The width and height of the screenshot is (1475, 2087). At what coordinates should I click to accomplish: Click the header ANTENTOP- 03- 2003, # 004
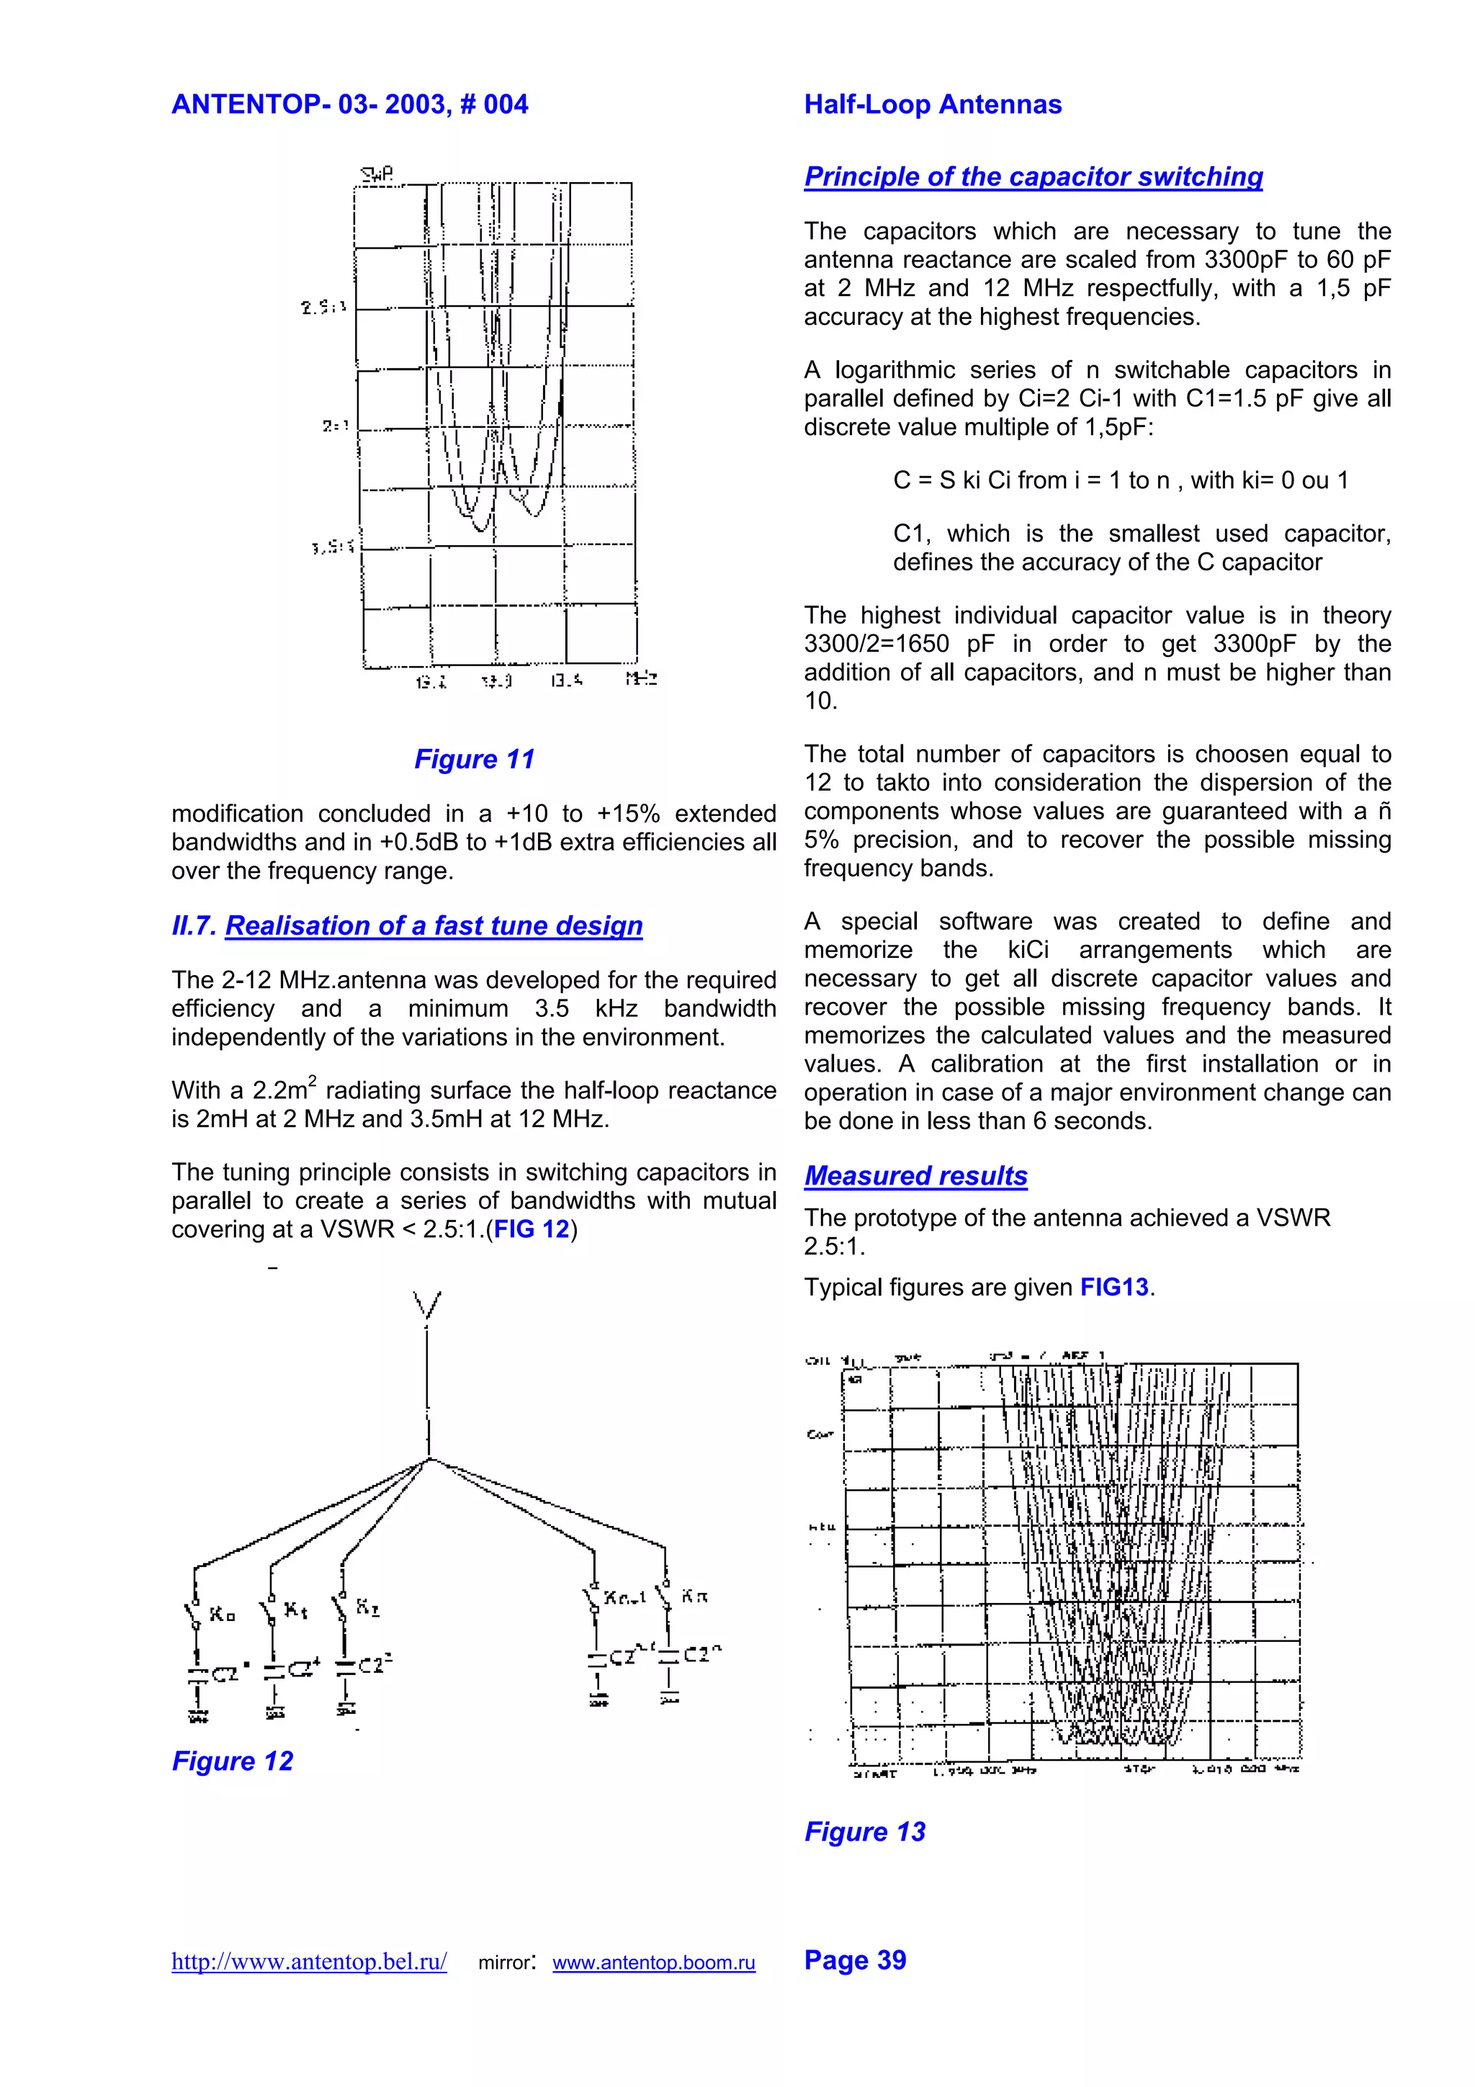(349, 104)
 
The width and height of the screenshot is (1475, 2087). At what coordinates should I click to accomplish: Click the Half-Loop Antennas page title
(933, 104)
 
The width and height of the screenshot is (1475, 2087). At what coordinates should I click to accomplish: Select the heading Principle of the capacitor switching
(1034, 176)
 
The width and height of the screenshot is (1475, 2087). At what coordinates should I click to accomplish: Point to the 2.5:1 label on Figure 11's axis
(323, 308)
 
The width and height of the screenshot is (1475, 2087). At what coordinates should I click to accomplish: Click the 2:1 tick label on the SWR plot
(334, 426)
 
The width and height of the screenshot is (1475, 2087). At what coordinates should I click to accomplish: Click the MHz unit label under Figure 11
(641, 679)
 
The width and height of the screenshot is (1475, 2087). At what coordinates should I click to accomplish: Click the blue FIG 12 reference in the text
(531, 1229)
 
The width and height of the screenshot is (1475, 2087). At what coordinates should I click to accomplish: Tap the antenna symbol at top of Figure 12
(426, 1307)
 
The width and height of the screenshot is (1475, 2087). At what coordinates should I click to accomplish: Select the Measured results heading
(915, 1175)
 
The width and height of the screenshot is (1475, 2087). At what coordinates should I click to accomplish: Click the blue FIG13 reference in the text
(1114, 1287)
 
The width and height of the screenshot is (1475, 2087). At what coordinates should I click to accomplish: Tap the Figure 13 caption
(864, 1831)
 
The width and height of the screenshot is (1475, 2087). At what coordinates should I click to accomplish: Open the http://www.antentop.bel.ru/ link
(309, 1962)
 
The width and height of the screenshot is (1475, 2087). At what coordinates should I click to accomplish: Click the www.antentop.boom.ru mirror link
(653, 1962)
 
